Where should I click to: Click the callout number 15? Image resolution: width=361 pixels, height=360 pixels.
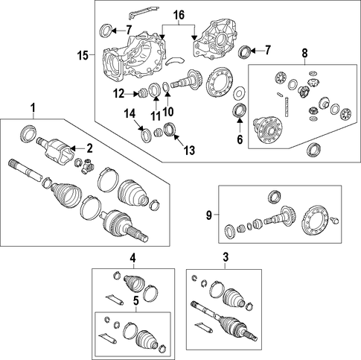(83, 55)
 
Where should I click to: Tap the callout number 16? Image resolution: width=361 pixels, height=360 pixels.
(179, 15)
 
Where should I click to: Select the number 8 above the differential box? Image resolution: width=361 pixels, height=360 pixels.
(304, 53)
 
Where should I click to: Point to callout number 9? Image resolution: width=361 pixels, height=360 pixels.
(209, 215)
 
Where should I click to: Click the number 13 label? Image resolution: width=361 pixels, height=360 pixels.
(189, 151)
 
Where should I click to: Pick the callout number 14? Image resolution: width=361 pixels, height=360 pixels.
(130, 114)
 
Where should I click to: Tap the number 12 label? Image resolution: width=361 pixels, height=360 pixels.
(119, 94)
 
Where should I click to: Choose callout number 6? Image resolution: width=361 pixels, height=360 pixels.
(240, 139)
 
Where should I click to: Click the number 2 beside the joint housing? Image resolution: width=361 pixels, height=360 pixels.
(89, 148)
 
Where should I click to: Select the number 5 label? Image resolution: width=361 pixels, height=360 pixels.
(136, 301)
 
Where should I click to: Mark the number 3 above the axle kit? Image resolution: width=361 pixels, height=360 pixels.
(226, 258)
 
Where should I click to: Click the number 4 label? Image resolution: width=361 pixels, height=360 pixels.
(133, 259)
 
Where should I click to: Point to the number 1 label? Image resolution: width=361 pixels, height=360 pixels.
(33, 109)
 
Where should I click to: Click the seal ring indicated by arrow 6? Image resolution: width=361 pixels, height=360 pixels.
(240, 110)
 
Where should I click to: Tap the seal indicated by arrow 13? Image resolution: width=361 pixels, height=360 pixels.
(170, 130)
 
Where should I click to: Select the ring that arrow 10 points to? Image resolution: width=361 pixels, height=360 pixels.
(167, 88)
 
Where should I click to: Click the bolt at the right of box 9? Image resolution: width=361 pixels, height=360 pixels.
(335, 220)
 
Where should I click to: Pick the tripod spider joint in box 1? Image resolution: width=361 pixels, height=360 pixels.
(87, 166)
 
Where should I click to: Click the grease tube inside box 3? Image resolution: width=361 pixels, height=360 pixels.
(205, 327)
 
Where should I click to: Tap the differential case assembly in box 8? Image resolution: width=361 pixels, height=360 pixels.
(269, 130)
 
